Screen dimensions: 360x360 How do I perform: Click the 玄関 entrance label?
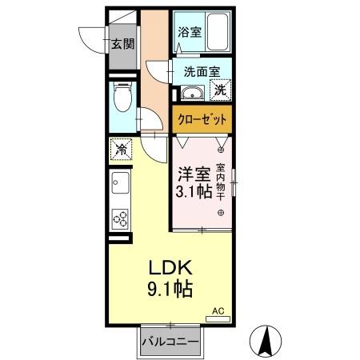point(122,42)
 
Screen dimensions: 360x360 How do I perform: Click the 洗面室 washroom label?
point(202,71)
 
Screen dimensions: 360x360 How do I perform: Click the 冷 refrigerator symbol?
point(120,148)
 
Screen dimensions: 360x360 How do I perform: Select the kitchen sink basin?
point(120,186)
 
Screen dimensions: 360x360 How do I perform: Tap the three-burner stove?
point(120,218)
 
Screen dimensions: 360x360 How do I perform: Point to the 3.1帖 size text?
point(194,193)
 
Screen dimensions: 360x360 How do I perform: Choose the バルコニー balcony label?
point(170,341)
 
